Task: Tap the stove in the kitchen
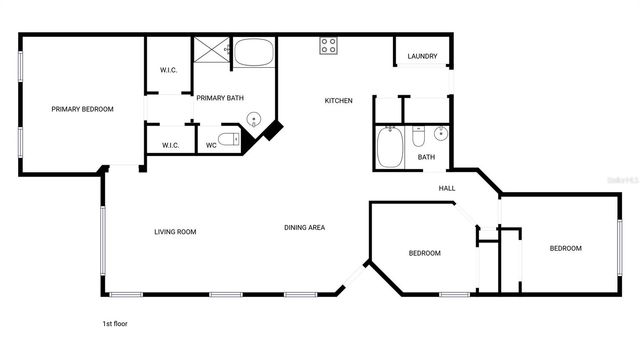(x=328, y=46)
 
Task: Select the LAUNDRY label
(x=422, y=56)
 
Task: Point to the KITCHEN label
(x=338, y=100)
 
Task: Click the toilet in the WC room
(x=229, y=139)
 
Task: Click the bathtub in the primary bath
(x=253, y=52)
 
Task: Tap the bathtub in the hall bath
(x=389, y=147)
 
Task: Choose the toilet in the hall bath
(x=420, y=135)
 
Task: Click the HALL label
(x=447, y=188)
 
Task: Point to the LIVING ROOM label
(x=175, y=232)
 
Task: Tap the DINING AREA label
(x=304, y=228)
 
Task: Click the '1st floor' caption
(x=114, y=324)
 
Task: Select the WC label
(x=211, y=146)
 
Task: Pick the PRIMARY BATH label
(x=220, y=98)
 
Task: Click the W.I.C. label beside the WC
(x=170, y=146)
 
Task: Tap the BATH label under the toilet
(x=426, y=157)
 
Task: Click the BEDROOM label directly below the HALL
(x=424, y=253)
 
